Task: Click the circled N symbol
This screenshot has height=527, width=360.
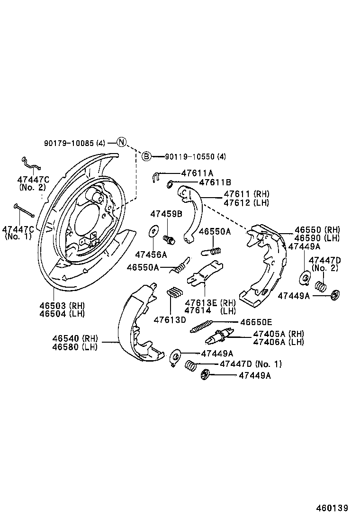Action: (x=121, y=142)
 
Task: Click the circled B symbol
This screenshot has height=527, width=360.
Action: (x=147, y=156)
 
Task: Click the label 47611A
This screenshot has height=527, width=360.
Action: (x=197, y=173)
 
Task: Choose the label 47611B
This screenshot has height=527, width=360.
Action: (x=215, y=182)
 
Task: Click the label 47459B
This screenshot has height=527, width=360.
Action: (x=166, y=214)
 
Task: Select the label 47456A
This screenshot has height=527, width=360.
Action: (x=151, y=254)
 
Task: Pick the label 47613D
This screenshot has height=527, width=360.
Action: (x=170, y=319)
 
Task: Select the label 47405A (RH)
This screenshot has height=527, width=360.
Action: (x=279, y=334)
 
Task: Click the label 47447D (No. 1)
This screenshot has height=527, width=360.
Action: (x=251, y=364)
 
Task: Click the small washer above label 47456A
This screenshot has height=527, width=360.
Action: (x=153, y=231)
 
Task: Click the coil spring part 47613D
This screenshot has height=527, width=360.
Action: (x=176, y=292)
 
